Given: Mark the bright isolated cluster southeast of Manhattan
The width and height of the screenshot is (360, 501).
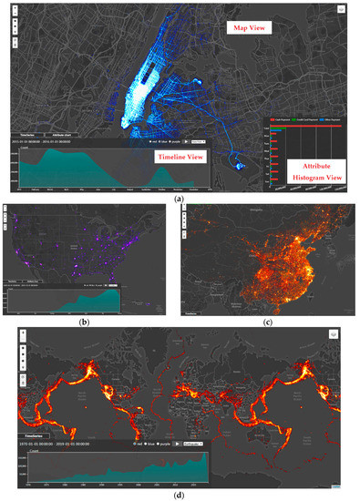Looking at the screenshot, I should point(239,165).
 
